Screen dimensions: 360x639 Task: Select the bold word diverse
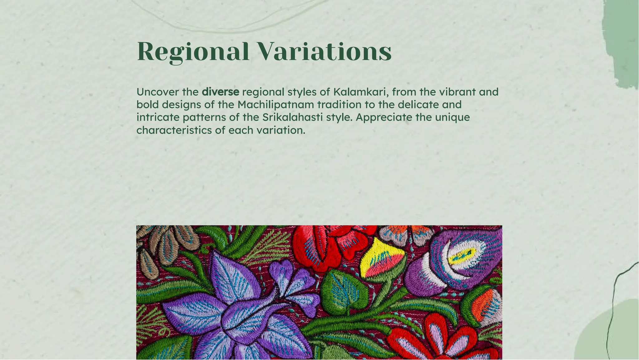pyautogui.click(x=220, y=92)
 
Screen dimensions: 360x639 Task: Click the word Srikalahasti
pyautogui.click(x=293, y=117)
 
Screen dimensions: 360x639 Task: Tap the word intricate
pyautogui.click(x=158, y=117)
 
